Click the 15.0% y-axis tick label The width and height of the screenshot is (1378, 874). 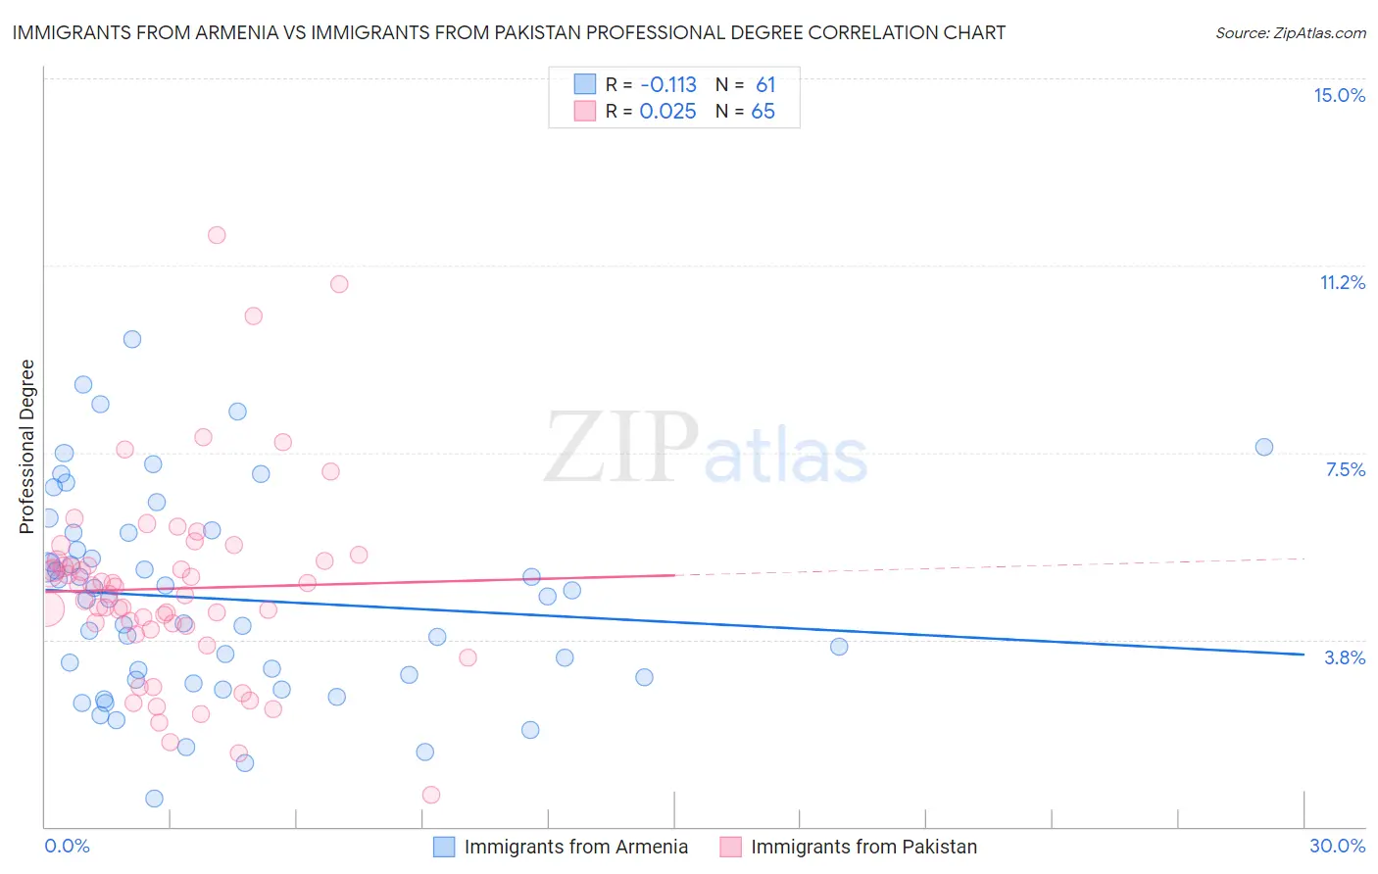[1339, 95]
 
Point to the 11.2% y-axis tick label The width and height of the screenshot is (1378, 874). [1342, 282]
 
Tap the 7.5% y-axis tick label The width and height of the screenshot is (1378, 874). [1345, 469]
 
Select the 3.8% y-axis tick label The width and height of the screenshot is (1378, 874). [1345, 657]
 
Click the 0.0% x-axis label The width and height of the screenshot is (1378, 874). [67, 846]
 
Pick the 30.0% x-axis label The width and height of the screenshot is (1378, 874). [1337, 846]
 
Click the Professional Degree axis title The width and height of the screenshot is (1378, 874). [26, 447]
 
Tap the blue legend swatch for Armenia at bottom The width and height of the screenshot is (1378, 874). [444, 847]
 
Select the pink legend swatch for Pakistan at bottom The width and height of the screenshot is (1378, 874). [730, 847]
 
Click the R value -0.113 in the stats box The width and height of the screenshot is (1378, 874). [667, 85]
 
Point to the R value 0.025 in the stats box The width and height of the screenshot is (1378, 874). [667, 112]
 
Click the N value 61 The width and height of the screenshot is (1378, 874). [765, 85]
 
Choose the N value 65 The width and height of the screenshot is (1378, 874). [763, 112]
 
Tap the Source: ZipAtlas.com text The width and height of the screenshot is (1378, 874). [1290, 32]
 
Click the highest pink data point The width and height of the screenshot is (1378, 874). [217, 235]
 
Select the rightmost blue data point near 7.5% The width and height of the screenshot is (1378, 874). [1263, 447]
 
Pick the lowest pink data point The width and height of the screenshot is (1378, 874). [431, 795]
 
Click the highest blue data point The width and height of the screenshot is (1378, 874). [132, 339]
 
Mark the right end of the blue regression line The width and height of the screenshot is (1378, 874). [1304, 655]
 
